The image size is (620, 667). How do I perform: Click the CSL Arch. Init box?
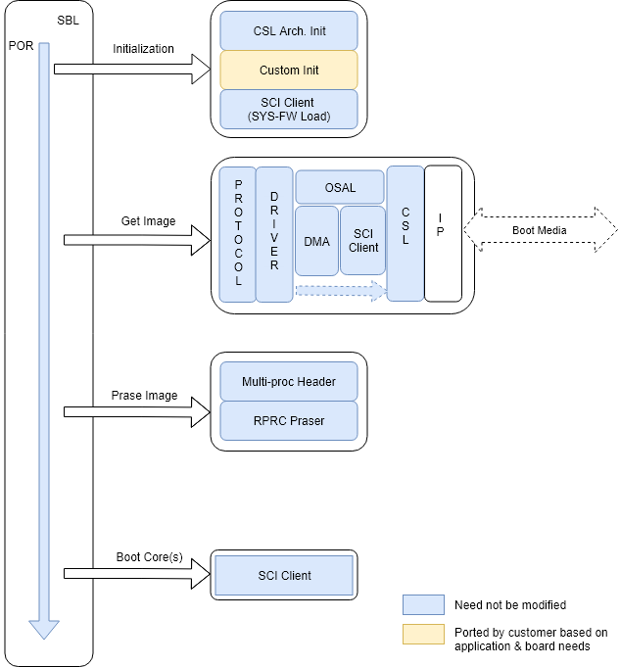[x=289, y=31]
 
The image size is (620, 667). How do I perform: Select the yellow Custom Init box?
[x=289, y=71]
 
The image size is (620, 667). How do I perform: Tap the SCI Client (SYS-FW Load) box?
[x=289, y=110]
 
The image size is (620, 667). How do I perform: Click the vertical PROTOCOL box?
[x=237, y=233]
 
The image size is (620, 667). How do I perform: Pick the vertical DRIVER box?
[x=274, y=233]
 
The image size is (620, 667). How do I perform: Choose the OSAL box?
[x=340, y=188]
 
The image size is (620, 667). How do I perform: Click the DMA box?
[x=316, y=241]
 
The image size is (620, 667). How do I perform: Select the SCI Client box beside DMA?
[x=363, y=241]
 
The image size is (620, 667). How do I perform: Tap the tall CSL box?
[x=405, y=233]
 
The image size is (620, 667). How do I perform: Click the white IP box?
[x=442, y=233]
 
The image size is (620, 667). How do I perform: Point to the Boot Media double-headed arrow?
[x=539, y=231]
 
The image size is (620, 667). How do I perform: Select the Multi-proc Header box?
[x=289, y=381]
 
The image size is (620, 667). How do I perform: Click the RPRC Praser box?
[x=289, y=420]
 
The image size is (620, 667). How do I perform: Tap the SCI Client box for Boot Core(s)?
[x=284, y=575]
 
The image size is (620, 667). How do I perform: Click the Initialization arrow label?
[x=143, y=49]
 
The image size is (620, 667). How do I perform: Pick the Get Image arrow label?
[x=148, y=221]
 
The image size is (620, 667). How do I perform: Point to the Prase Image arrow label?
[x=144, y=396]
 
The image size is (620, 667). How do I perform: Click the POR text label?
[x=21, y=46]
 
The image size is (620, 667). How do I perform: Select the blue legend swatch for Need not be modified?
[x=424, y=604]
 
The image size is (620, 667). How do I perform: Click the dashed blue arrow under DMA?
[x=339, y=290]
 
